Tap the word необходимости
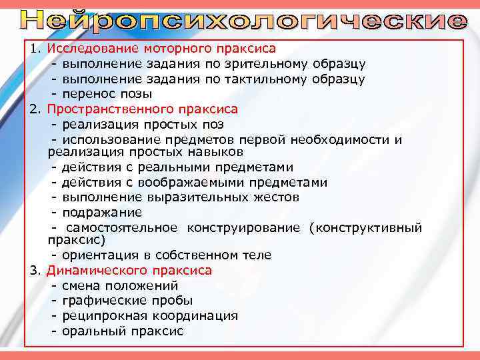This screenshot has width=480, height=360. pyautogui.click(x=342, y=139)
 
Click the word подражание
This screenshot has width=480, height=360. pyautogui.click(x=101, y=213)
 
